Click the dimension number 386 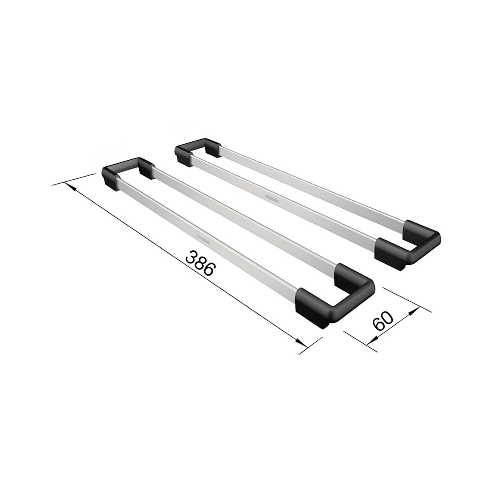click(x=200, y=263)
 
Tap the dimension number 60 click(x=383, y=321)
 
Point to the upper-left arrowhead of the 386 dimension click(x=71, y=187)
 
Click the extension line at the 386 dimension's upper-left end click(x=74, y=179)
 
